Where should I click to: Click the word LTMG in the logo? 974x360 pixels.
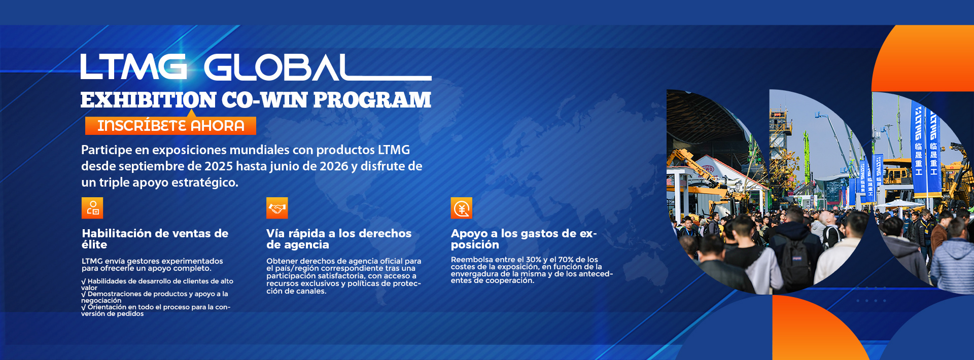pos(133,67)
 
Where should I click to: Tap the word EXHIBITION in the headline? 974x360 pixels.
pos(148,100)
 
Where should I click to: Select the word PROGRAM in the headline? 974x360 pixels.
pos(372,100)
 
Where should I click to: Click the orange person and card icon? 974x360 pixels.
pos(92,208)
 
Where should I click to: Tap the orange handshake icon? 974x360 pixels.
pos(277,208)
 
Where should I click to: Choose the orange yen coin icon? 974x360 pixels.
pos(462,208)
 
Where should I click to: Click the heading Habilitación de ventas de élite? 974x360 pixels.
pos(155,239)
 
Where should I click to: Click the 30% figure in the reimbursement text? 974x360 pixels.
pos(533,260)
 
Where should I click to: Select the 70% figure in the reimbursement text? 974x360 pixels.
pos(566,260)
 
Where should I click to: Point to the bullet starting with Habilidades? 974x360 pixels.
pos(157,284)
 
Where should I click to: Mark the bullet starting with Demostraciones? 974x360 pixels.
pos(155,297)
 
